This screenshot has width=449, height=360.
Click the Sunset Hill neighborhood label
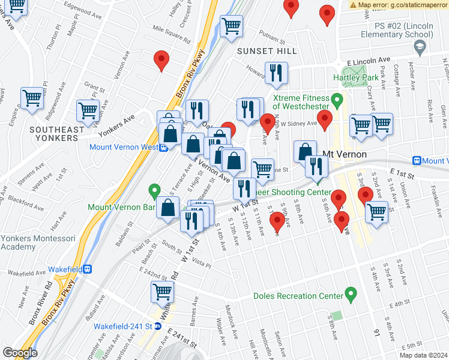(267, 51)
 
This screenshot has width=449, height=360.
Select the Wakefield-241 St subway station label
(124, 326)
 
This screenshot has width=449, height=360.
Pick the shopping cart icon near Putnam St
(231, 26)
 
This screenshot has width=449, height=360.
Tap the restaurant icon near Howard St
(276, 73)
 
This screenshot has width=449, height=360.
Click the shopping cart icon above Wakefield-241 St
(163, 292)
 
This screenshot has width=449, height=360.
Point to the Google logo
(20, 353)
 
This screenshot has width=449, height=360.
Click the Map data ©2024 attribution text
(424, 355)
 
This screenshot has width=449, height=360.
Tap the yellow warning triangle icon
(353, 5)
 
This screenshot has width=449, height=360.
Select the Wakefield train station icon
(88, 269)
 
